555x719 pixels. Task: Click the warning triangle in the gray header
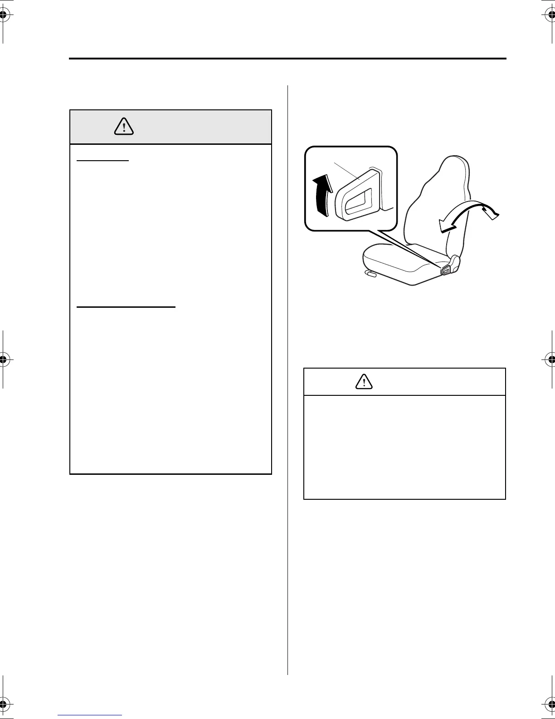coord(124,126)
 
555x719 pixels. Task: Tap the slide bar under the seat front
coord(370,274)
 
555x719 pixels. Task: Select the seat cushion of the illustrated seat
coord(399,263)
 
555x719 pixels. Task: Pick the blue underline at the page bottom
coord(90,715)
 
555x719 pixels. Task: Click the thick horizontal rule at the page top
coord(287,59)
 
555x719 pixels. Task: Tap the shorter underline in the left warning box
coord(103,161)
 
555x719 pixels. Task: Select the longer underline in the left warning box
coord(126,307)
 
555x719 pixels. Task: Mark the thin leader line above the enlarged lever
coord(347,171)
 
